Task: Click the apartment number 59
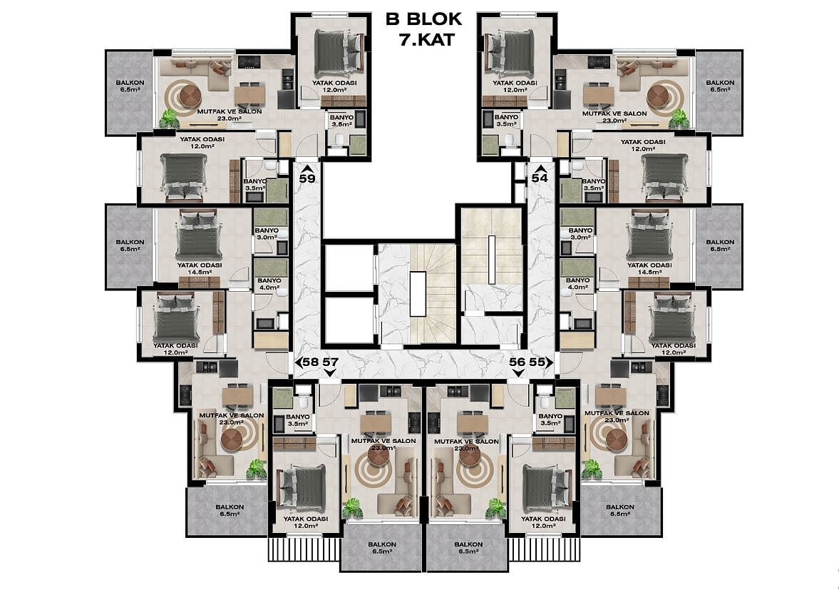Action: pyautogui.click(x=307, y=178)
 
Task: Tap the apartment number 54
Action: pyautogui.click(x=540, y=178)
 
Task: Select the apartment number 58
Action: pyautogui.click(x=310, y=362)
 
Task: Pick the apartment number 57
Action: pyautogui.click(x=330, y=362)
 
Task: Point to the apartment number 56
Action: pyautogui.click(x=517, y=362)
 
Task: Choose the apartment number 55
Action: pyautogui.click(x=537, y=362)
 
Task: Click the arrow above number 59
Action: pyautogui.click(x=307, y=168)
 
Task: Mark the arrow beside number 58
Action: pyautogui.click(x=298, y=362)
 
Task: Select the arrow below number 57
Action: pyautogui.click(x=330, y=373)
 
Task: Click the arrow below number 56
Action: pyautogui.click(x=517, y=373)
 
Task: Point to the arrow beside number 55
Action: pyautogui.click(x=550, y=362)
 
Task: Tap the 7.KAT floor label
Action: pyautogui.click(x=426, y=39)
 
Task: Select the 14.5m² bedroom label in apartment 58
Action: pyautogui.click(x=200, y=272)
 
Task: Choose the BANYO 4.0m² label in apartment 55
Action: pyautogui.click(x=577, y=283)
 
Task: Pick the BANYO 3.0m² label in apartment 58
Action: pyautogui.click(x=267, y=233)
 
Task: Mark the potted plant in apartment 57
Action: pyautogui.click(x=352, y=507)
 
